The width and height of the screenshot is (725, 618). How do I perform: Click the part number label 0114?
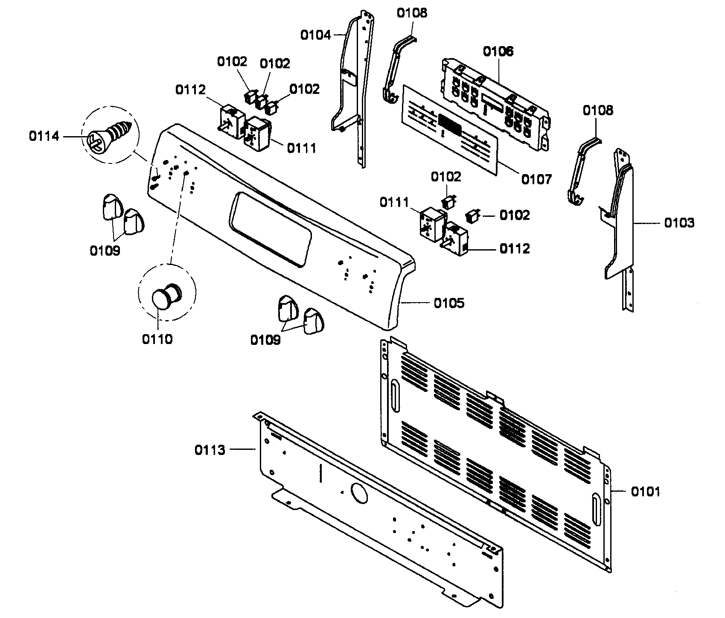(x=44, y=137)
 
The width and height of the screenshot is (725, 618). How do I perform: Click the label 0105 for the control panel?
(x=449, y=303)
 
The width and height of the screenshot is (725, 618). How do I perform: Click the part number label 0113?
(x=210, y=450)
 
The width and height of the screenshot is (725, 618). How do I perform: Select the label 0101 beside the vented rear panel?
(x=645, y=492)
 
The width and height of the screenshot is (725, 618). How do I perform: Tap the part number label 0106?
(x=498, y=52)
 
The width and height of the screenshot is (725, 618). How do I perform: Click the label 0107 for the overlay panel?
(x=536, y=179)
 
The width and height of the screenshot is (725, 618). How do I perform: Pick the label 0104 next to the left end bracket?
(x=315, y=35)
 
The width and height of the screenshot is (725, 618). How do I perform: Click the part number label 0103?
(x=679, y=223)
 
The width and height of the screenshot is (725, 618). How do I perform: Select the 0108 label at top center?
(x=411, y=13)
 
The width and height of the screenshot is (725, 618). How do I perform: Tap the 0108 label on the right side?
(x=598, y=111)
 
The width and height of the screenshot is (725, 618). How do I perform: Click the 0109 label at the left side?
(x=105, y=251)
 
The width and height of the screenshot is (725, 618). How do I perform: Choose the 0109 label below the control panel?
(x=265, y=340)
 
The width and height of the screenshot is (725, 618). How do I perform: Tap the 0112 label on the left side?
(x=190, y=90)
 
